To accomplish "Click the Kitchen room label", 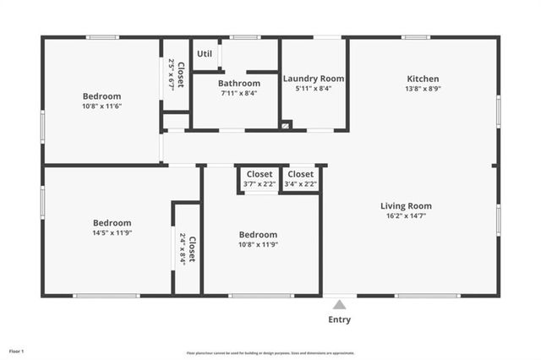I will pos(424,79).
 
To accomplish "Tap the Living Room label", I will pos(406,205).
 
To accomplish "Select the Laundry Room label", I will pos(313,79).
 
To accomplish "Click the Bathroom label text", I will pos(239,84).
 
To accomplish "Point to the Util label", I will pos(205,54).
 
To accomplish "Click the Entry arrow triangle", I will pos(339,305).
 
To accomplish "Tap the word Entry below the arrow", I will pos(339,319).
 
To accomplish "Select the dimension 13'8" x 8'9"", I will pos(424,89).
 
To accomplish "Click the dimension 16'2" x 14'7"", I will pos(406,215).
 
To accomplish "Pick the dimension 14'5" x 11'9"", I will pos(112,232).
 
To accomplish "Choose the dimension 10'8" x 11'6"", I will pos(102,106).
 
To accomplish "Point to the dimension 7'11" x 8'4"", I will pos(239,93).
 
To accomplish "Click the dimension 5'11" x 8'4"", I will pos(313,88).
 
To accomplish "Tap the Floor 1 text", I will pos(17,351).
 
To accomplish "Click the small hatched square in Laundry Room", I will pos(286,125).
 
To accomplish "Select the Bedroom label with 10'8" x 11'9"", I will pos(258,234).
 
